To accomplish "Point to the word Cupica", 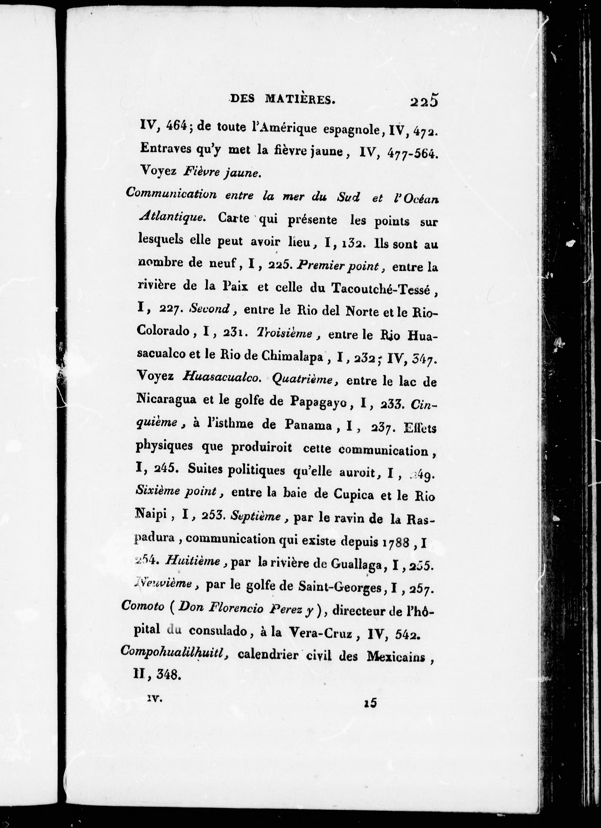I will click(x=354, y=495).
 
